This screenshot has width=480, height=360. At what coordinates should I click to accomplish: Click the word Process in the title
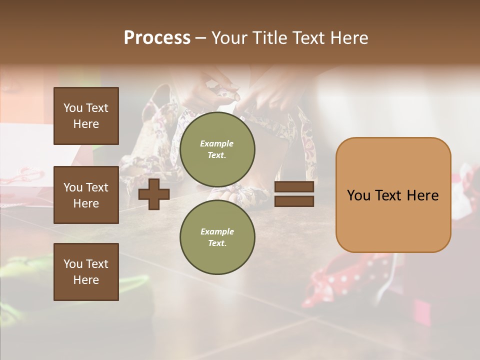point(157,37)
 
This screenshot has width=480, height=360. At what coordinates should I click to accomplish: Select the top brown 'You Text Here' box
point(86,116)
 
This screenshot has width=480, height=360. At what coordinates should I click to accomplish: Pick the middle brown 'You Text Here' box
point(86,195)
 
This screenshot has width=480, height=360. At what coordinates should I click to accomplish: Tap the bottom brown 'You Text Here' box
point(86,271)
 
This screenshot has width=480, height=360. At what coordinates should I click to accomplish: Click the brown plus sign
point(154,194)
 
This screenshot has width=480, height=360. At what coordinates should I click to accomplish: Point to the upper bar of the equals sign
point(294,186)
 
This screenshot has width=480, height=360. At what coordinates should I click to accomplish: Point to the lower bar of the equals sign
point(294,201)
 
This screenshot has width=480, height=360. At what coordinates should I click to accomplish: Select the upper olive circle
point(217,149)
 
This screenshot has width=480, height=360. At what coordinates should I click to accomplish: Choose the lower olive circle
point(217,237)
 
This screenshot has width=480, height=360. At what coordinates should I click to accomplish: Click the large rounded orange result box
point(393,195)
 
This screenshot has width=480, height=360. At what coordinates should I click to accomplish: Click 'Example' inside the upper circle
point(217,143)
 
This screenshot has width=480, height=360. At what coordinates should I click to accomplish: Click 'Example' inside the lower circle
point(217,231)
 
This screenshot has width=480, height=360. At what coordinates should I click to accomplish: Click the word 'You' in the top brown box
point(73,108)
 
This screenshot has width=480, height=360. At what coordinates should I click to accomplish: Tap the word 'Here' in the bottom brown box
point(86,280)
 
